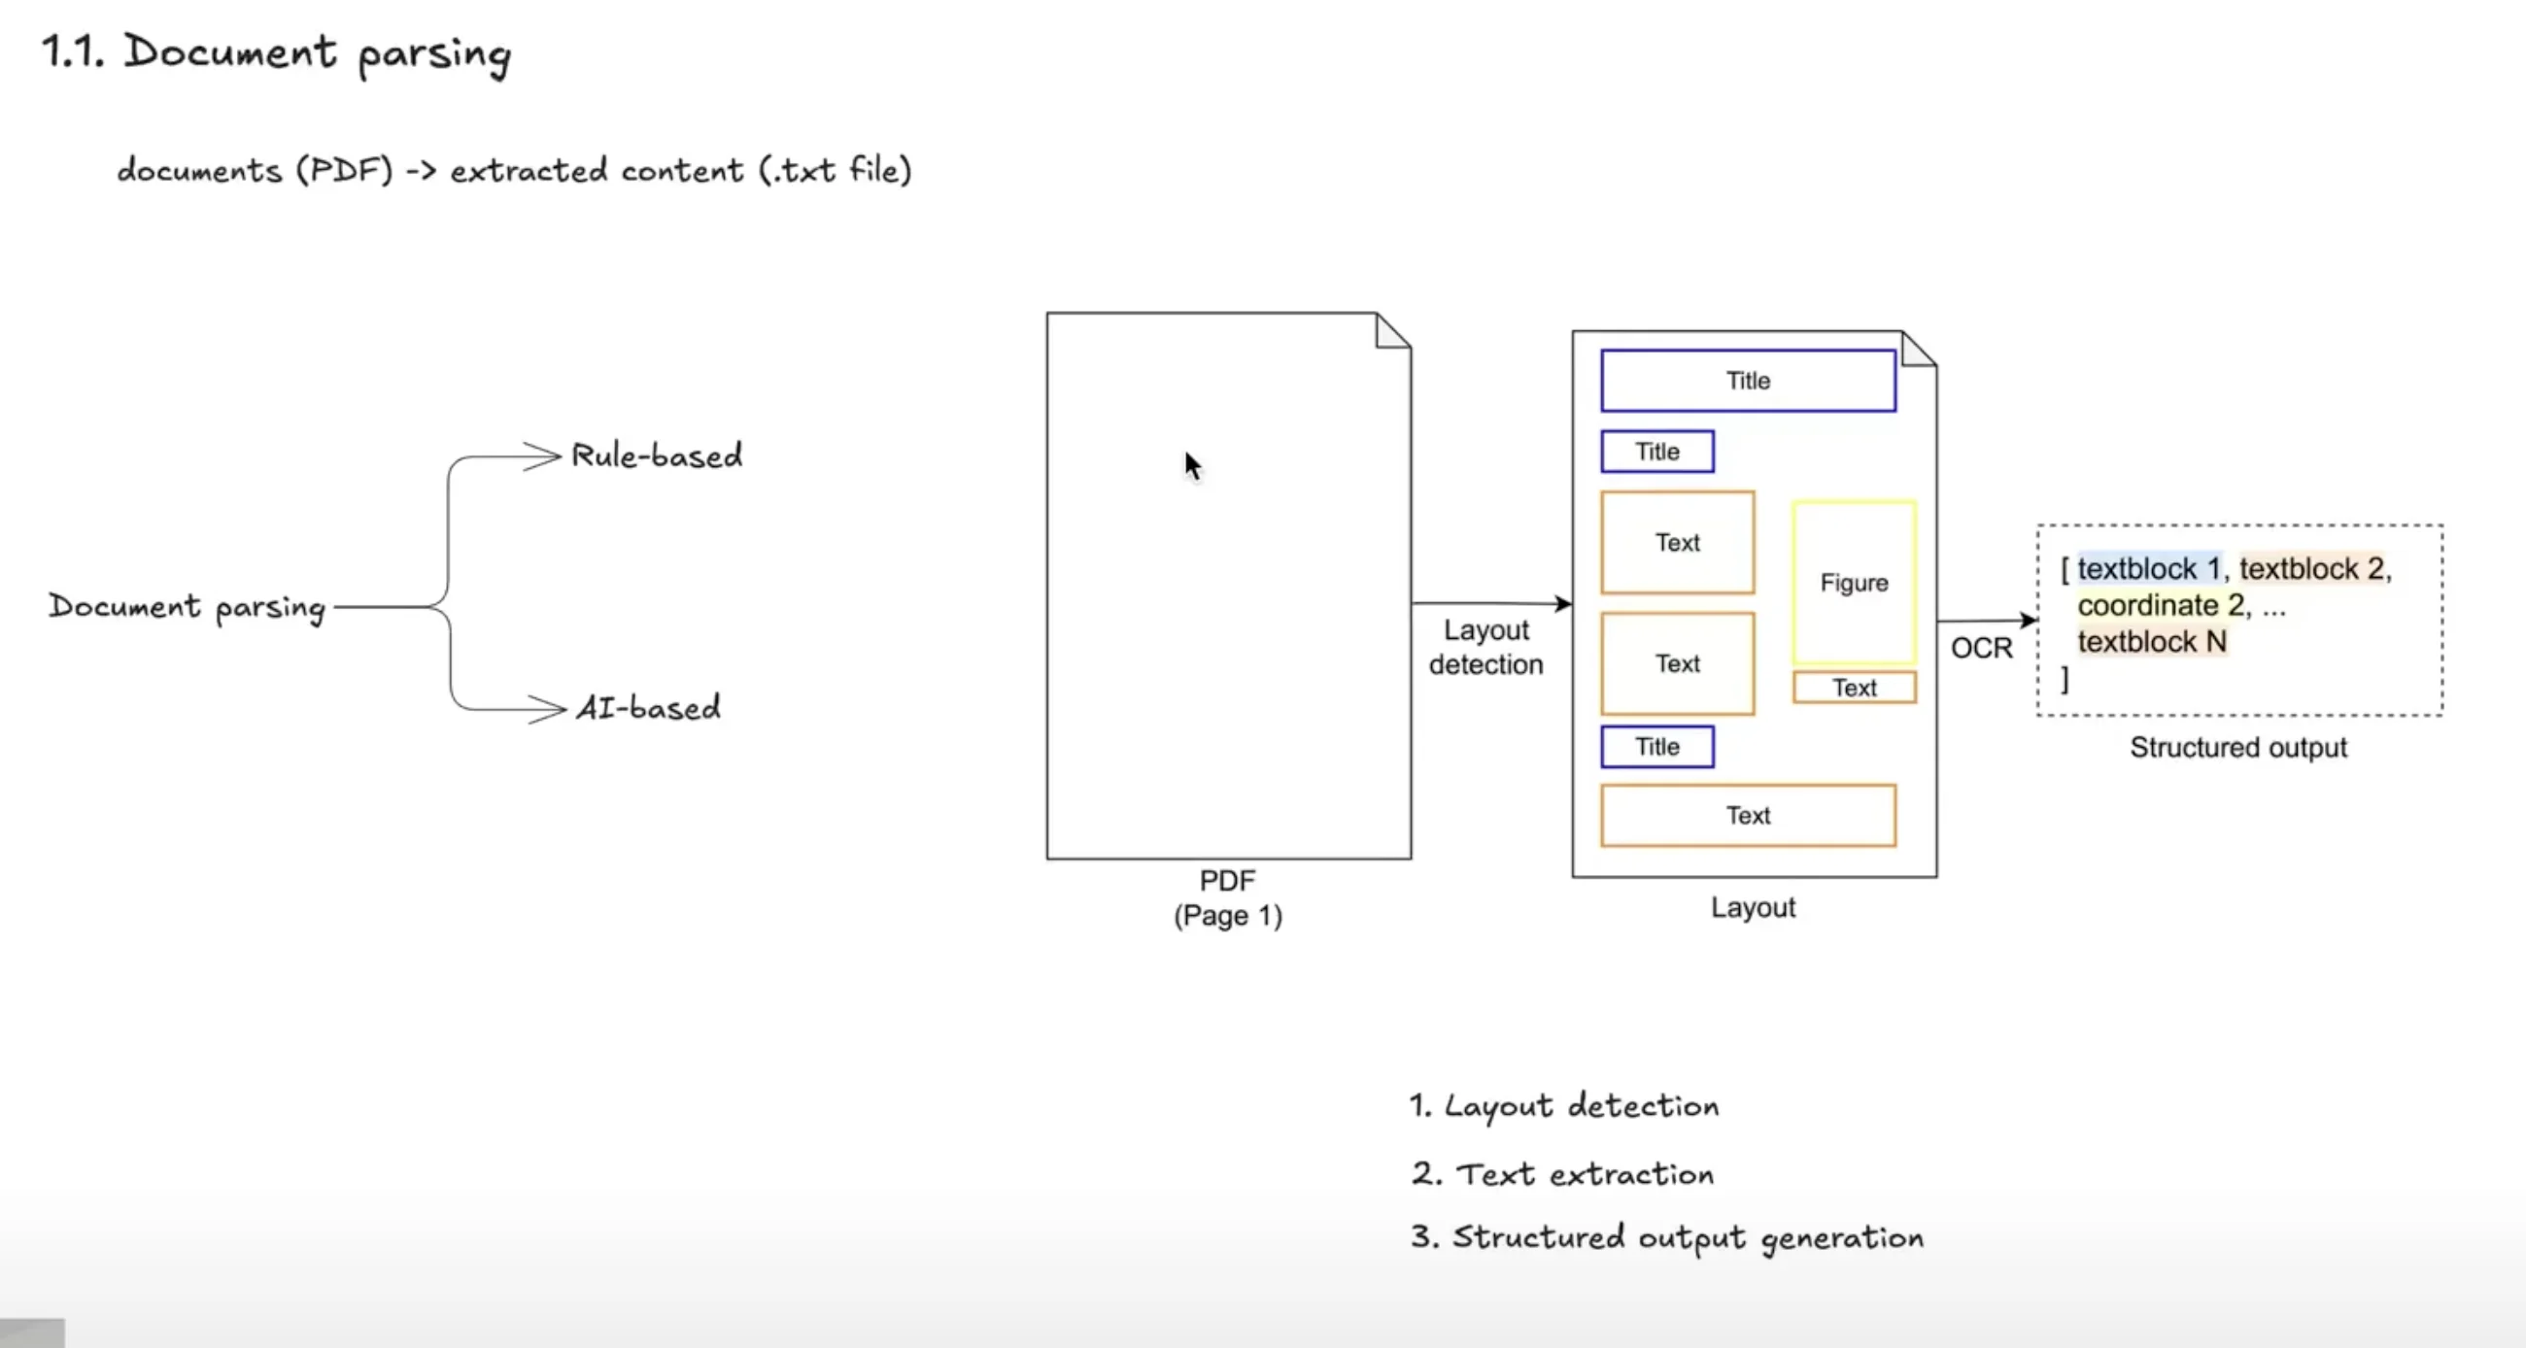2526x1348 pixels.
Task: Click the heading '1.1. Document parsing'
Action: tap(276, 53)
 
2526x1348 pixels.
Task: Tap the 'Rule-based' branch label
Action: tap(656, 455)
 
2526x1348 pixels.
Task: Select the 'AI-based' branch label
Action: tap(648, 707)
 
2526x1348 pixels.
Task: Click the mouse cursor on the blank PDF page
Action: tap(1191, 464)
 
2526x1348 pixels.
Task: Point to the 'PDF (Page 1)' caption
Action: tap(1228, 898)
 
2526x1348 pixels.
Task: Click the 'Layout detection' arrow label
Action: tap(1485, 647)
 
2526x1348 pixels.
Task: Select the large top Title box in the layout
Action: tap(1748, 381)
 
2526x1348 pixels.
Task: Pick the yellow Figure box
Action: tap(1854, 583)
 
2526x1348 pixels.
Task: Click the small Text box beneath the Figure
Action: tap(1854, 688)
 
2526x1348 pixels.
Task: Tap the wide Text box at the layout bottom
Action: tap(1748, 815)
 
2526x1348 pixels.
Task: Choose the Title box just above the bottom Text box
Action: tap(1657, 746)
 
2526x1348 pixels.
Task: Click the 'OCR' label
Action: tap(1981, 648)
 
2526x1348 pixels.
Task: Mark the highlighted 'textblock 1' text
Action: tap(2147, 568)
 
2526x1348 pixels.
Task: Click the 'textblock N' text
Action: tap(2151, 641)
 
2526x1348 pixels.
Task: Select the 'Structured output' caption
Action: tap(2237, 747)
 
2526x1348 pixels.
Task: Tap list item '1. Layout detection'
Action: tap(1564, 1106)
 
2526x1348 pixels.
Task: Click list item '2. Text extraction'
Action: tap(1563, 1173)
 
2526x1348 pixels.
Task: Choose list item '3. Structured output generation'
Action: tap(1667, 1237)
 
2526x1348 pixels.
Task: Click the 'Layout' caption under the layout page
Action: tap(1753, 907)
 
